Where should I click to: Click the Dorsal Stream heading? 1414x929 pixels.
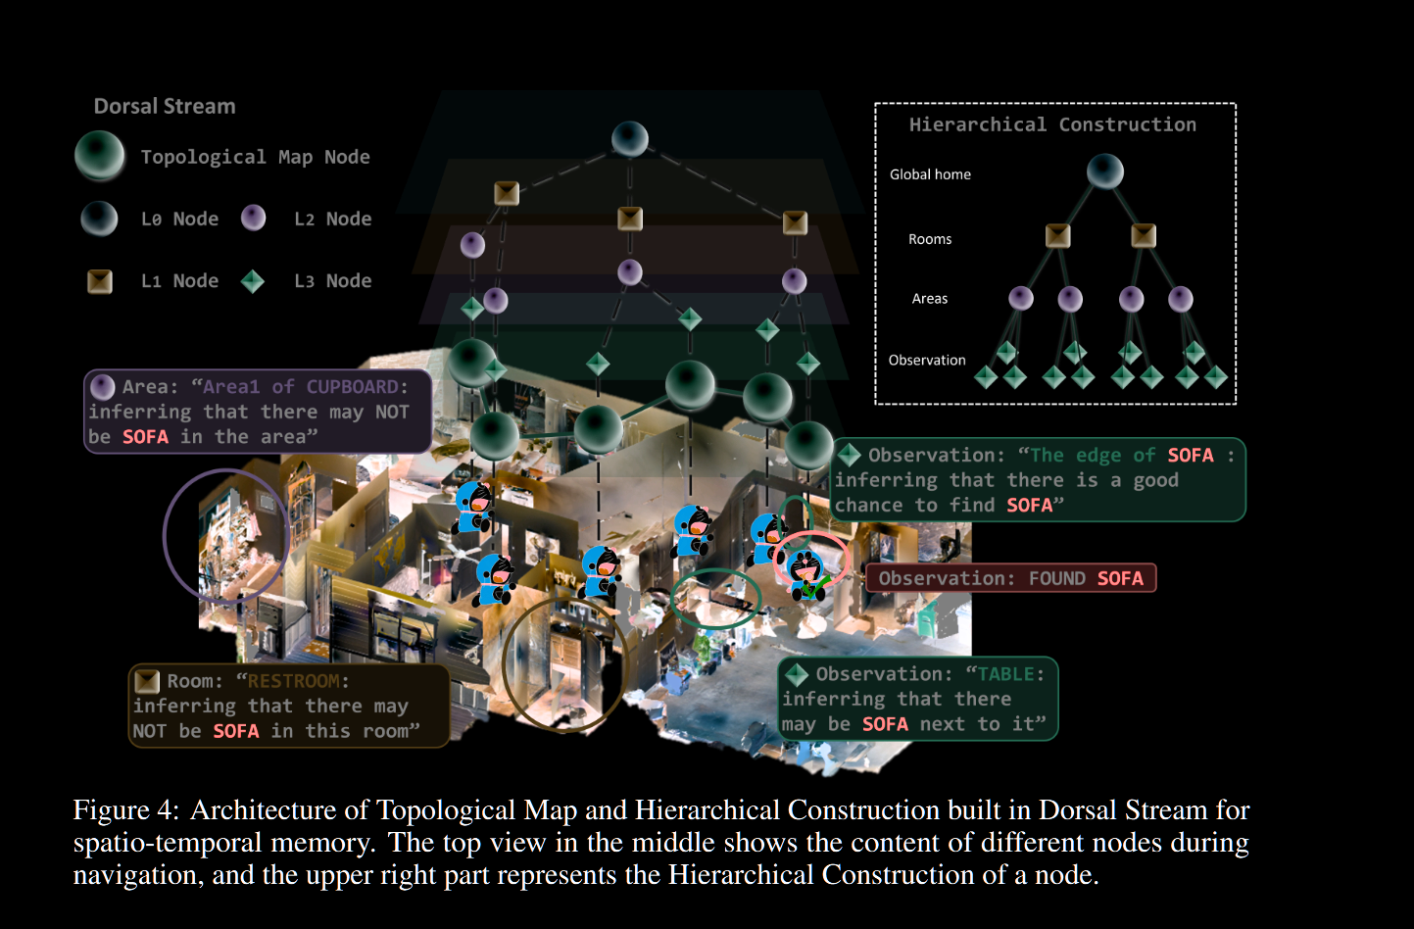tap(165, 106)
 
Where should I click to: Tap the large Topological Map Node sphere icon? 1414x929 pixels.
tap(100, 156)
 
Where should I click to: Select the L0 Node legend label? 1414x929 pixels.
tap(179, 219)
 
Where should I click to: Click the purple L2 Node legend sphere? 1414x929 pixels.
tap(254, 218)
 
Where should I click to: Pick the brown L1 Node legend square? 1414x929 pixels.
tap(100, 281)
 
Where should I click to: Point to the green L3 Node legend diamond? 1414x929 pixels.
tap(253, 281)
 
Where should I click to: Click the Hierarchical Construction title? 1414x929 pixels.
tap(1052, 124)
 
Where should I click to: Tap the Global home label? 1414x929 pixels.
tap(930, 174)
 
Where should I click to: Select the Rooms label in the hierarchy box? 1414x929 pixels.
tap(930, 239)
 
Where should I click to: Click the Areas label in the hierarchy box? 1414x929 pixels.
tap(930, 299)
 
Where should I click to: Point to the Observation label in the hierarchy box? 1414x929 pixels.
tap(927, 361)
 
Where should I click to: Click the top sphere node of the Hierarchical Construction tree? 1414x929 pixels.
tap(1105, 171)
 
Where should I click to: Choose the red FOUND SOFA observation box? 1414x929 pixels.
tap(1010, 578)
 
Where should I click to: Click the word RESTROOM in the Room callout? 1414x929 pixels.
tap(294, 681)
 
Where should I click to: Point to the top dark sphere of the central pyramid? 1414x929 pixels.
tap(630, 139)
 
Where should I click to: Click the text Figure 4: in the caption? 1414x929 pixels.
tap(126, 810)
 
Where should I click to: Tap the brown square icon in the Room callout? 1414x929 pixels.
tap(147, 681)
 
